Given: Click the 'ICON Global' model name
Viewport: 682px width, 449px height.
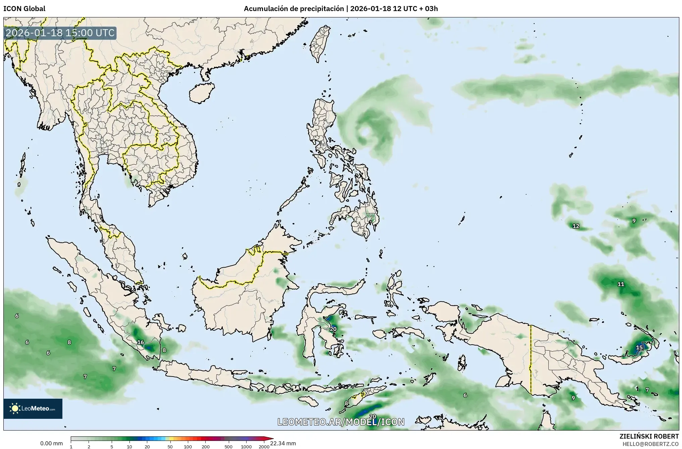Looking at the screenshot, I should click(24, 9).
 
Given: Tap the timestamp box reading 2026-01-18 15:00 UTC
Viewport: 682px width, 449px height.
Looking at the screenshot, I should click(60, 33).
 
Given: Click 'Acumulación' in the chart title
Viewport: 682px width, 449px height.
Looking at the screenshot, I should click(265, 9).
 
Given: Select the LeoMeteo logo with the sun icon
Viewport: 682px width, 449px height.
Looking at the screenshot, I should click(33, 408).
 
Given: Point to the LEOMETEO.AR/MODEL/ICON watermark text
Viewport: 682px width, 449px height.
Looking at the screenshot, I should click(341, 422).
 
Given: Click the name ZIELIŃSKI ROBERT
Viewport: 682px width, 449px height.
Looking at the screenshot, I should click(649, 436).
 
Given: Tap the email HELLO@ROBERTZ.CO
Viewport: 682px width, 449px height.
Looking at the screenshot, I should click(650, 444).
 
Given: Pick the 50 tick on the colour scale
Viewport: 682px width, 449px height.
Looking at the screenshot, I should click(170, 446).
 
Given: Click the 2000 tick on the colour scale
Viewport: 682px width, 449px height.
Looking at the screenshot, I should click(264, 446).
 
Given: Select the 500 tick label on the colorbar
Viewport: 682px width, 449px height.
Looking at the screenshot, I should click(228, 446).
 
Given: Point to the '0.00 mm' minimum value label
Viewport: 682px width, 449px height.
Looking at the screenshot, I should click(51, 443).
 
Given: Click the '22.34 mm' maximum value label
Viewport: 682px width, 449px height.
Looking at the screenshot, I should click(283, 443).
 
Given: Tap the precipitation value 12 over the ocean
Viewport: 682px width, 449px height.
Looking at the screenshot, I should click(576, 226).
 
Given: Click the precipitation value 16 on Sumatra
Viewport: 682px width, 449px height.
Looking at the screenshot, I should click(141, 342).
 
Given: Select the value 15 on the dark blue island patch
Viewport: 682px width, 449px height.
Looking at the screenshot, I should click(639, 347).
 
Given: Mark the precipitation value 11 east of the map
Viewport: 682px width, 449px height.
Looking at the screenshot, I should click(621, 284).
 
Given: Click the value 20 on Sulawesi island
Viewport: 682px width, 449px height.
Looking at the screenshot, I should click(333, 329).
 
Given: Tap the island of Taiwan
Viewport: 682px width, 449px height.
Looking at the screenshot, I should click(319, 44).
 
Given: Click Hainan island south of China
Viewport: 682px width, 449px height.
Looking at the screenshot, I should click(201, 93).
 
